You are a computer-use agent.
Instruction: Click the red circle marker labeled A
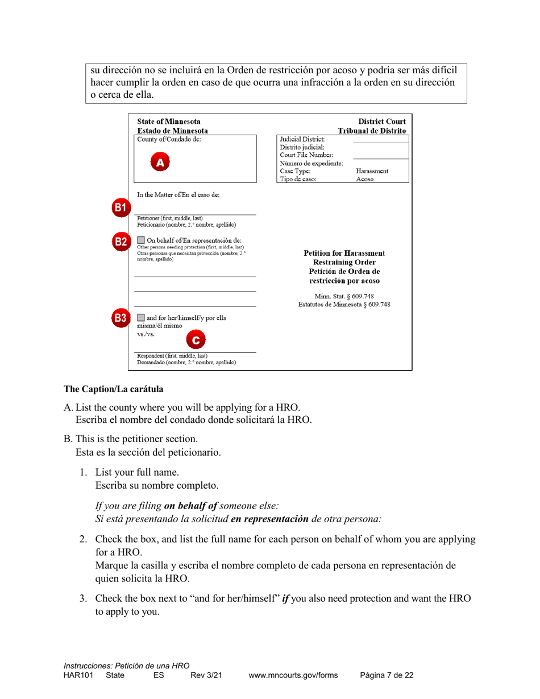click(x=160, y=162)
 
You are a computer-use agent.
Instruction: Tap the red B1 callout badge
click(x=119, y=207)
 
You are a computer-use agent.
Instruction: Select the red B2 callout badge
click(x=119, y=242)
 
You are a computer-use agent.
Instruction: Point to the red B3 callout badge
click(x=119, y=318)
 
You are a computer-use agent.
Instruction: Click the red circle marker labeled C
click(x=195, y=340)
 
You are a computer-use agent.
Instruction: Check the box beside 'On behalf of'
click(x=141, y=240)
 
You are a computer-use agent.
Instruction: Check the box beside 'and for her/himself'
click(x=141, y=318)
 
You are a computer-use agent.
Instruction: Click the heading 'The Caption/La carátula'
click(x=113, y=389)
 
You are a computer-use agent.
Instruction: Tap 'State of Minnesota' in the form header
click(x=169, y=122)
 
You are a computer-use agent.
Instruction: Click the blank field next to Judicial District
click(x=380, y=139)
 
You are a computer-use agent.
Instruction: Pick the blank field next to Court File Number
click(x=380, y=155)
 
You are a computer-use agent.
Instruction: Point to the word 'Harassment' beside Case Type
click(x=372, y=170)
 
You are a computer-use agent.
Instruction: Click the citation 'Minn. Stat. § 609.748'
click(x=344, y=296)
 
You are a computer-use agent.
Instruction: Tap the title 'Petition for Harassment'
click(x=344, y=253)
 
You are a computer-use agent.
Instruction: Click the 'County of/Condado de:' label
click(x=169, y=139)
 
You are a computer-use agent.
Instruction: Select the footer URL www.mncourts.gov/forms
click(x=293, y=675)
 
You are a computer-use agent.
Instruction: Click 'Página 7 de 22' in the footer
click(x=387, y=675)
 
